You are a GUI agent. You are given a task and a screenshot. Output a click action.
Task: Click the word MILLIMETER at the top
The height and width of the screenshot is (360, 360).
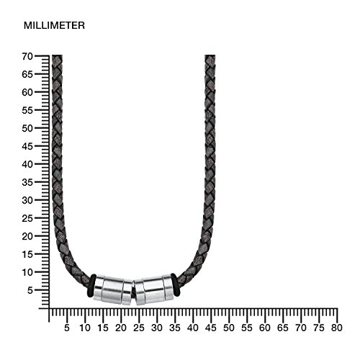point(54,25)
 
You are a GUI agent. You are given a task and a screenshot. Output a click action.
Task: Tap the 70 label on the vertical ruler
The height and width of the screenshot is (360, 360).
point(27,57)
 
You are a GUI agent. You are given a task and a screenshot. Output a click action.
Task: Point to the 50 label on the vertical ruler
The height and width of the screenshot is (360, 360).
point(27,128)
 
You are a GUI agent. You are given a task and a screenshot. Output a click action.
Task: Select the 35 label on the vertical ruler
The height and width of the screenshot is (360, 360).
point(27,183)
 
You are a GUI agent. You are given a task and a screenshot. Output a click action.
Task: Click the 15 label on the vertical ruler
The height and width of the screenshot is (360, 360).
point(27,255)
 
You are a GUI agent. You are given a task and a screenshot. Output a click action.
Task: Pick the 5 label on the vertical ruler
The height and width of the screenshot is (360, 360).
point(30,291)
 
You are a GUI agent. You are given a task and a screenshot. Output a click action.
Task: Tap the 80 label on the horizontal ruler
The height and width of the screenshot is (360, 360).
point(336,328)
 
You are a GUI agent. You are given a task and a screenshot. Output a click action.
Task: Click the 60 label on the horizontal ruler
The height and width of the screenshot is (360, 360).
point(264,328)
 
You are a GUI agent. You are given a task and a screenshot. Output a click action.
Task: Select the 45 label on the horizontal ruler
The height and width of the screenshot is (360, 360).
point(210,328)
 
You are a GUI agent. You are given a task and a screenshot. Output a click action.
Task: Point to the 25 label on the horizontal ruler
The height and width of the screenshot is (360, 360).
point(139,328)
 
